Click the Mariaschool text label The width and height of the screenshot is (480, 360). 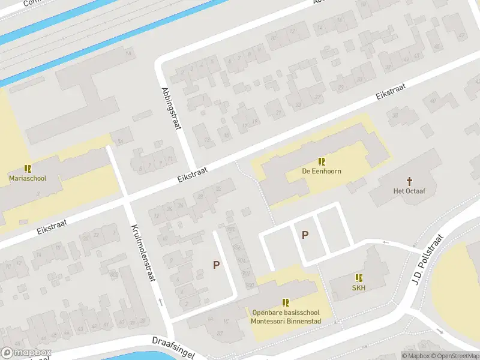pos(27,178)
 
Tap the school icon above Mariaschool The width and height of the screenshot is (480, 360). pos(27,169)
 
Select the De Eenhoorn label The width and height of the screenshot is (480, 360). pos(322,171)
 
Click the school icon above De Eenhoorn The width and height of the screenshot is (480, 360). pos(322,161)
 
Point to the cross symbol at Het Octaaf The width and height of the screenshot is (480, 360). pos(410,181)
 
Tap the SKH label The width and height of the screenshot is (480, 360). pos(359,287)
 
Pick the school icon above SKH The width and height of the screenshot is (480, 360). pos(359,278)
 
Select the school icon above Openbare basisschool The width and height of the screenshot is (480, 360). pos(286,302)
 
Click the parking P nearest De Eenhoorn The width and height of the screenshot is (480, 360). pos(305,235)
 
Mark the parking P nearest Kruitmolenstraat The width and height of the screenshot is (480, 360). pos(217,265)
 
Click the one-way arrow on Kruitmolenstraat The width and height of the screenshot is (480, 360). pos(161,302)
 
